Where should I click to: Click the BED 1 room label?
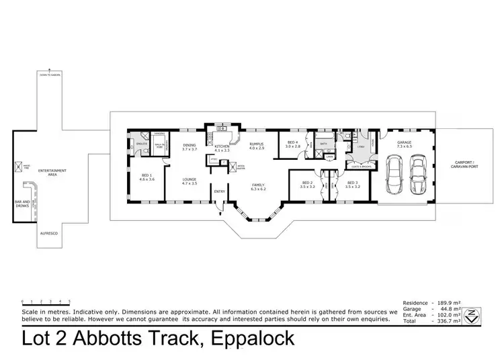tap(146, 177)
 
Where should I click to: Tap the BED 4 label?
tap(293, 144)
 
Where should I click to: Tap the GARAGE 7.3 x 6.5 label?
tap(404, 144)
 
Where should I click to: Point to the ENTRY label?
tap(219, 191)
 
